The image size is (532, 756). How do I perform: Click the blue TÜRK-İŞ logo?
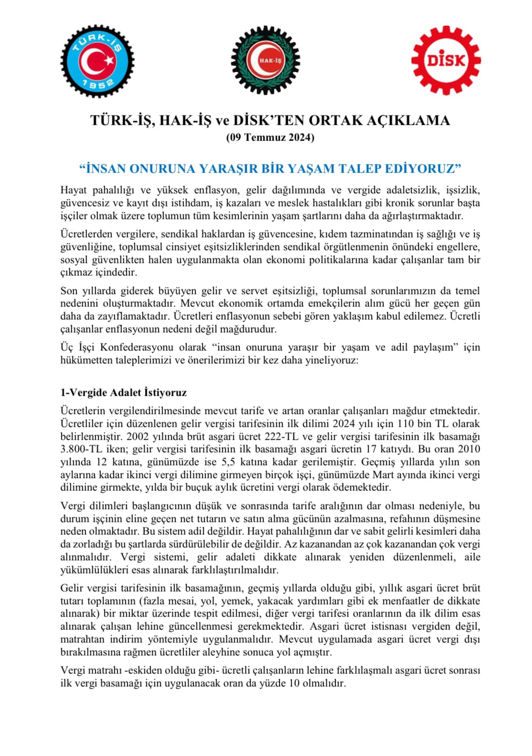tap(97, 61)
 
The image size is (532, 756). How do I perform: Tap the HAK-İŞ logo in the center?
tap(266, 61)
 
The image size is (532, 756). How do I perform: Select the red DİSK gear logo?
tap(446, 61)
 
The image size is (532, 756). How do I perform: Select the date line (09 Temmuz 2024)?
tap(270, 138)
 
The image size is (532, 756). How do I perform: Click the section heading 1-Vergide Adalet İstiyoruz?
tap(123, 392)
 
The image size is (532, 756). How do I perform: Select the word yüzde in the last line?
tap(273, 683)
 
